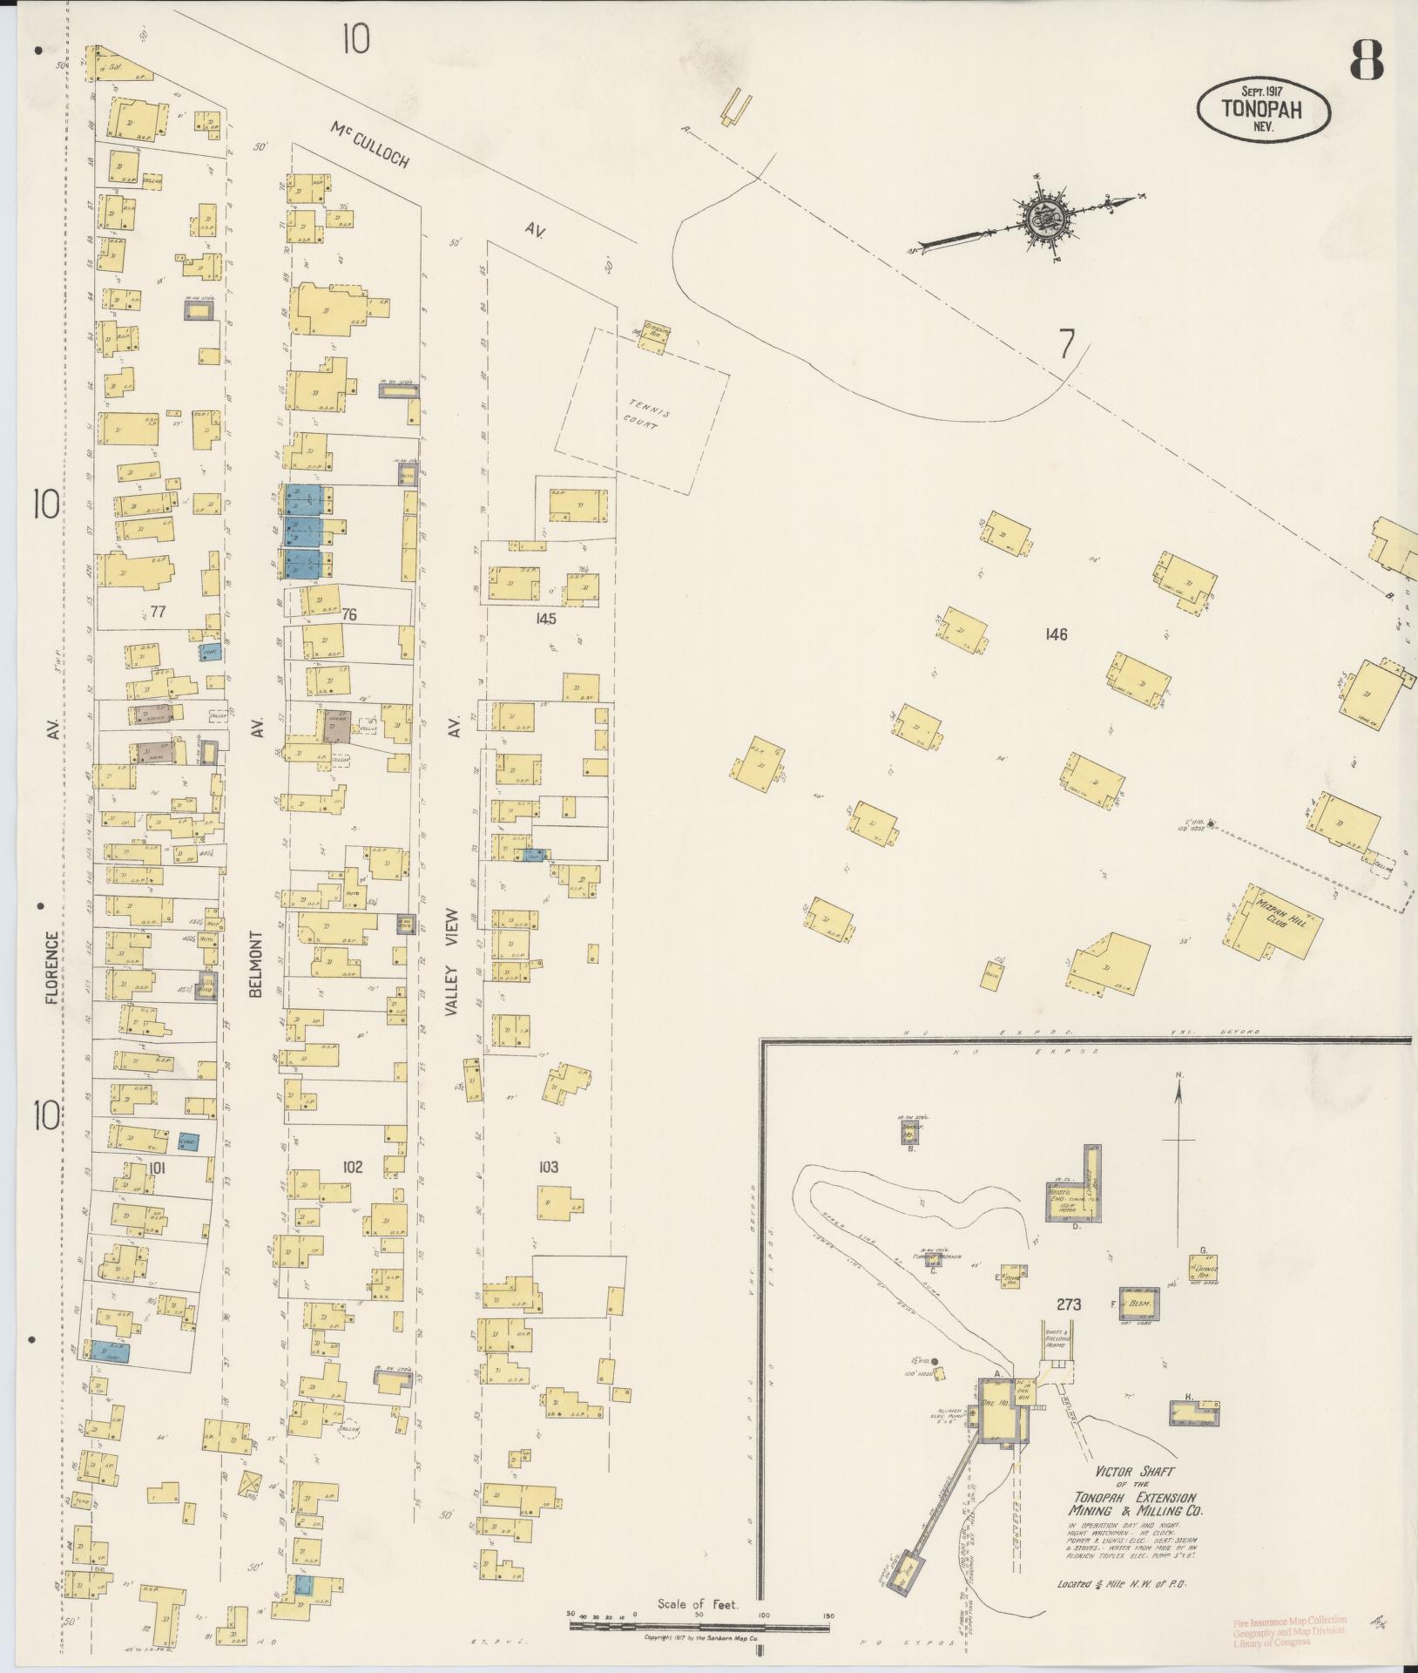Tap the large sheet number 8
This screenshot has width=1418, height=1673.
click(1367, 62)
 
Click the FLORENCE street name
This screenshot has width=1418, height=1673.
click(51, 967)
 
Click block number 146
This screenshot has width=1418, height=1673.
click(1056, 634)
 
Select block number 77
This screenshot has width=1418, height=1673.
click(158, 613)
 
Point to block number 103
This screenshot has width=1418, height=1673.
click(547, 1167)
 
